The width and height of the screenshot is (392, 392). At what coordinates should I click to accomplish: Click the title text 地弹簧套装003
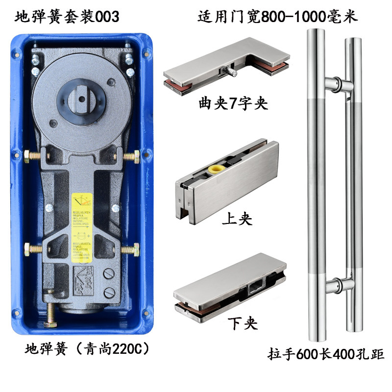[67, 17]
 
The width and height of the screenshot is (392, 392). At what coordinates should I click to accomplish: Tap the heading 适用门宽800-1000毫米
[278, 17]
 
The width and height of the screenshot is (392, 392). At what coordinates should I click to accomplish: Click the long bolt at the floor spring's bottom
[50, 316]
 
